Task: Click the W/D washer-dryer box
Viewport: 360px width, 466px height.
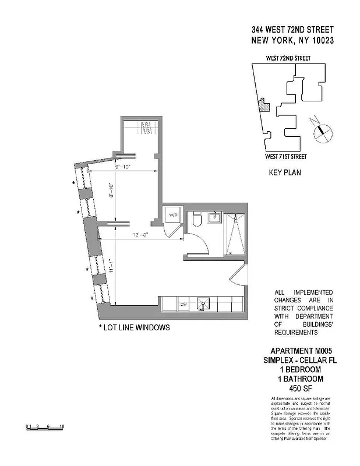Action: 172,216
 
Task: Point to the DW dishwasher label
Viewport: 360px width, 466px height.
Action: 182,304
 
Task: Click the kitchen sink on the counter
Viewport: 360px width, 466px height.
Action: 204,303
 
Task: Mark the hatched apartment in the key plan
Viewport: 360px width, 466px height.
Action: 263,105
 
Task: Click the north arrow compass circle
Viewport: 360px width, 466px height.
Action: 322,131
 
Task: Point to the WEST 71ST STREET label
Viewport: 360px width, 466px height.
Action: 285,156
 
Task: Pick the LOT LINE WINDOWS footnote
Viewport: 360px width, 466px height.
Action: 135,328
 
